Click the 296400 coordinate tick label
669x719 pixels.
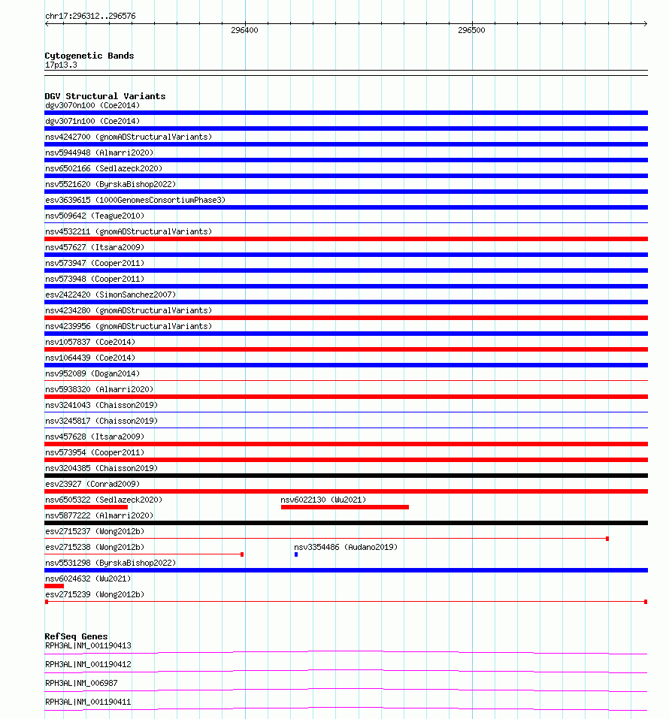pos(244,31)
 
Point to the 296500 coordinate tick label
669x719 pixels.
pos(471,31)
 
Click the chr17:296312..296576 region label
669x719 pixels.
pos(90,16)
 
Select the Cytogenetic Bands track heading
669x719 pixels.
pos(89,56)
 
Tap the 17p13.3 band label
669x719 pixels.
pos(61,65)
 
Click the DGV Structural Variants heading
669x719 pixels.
pos(104,96)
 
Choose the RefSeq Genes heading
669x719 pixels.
pos(76,636)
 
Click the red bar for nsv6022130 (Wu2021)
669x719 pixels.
pos(344,507)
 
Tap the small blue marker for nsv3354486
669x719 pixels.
pos(296,554)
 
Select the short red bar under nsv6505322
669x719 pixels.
pos(86,507)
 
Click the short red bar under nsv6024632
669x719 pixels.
pos(54,586)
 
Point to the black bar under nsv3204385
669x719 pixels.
pos(346,476)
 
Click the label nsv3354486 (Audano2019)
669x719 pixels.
pos(346,547)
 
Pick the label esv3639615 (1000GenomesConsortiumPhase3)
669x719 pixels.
pos(135,200)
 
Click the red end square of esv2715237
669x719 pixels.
pos(607,539)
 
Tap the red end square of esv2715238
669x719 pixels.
pos(241,554)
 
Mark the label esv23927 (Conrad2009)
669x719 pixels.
pos(92,484)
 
